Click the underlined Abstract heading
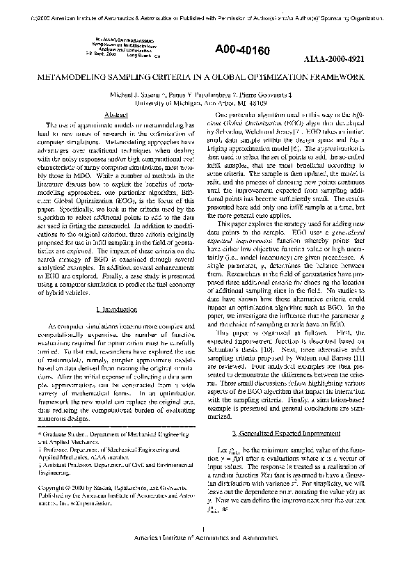tap(114, 113)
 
